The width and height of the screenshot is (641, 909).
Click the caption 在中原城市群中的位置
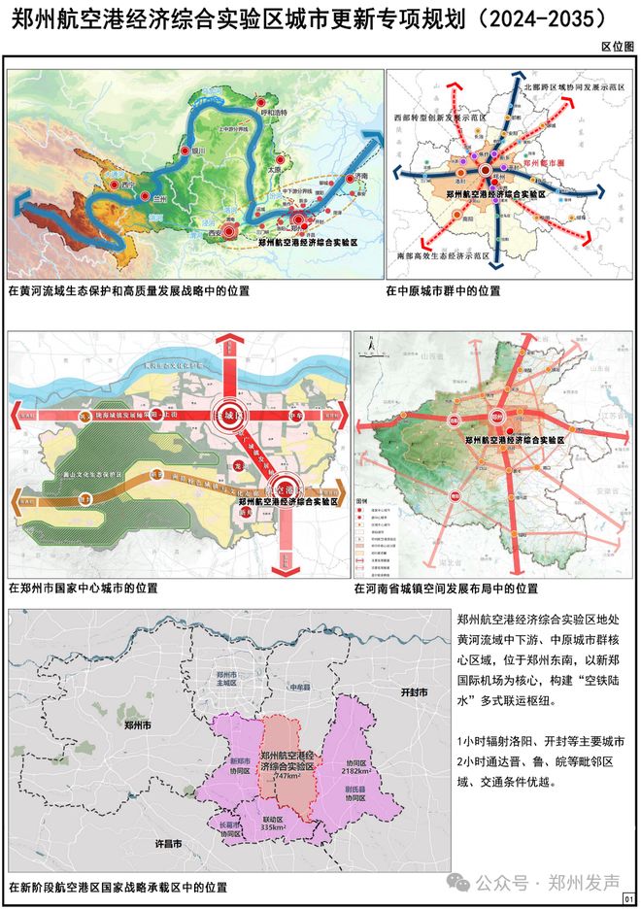click(450, 289)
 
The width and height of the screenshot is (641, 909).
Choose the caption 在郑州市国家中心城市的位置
click(82, 588)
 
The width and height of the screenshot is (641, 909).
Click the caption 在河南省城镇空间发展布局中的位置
click(446, 589)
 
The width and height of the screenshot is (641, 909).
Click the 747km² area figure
click(288, 776)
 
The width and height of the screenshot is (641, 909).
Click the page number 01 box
click(628, 898)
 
